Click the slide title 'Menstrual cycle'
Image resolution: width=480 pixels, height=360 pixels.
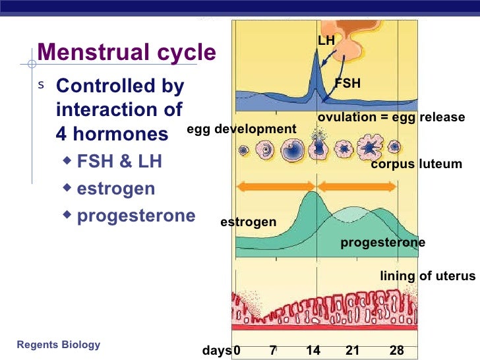127,52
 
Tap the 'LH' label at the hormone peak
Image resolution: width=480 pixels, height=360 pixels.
326,41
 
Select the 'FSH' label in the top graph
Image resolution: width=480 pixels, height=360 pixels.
347,84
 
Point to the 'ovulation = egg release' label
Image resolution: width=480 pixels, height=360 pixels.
391,117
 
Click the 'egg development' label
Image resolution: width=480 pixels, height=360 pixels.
241,129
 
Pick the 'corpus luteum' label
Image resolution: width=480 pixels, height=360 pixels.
416,164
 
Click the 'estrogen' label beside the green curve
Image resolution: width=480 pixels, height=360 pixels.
248,222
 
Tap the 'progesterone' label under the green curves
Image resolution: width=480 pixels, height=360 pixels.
382,243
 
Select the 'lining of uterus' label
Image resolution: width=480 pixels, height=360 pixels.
427,276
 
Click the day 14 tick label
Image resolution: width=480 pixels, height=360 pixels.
313,351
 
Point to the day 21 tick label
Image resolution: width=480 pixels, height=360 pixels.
353,351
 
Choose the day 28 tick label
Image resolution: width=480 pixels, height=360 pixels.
396,351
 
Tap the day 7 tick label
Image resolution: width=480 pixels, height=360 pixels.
273,351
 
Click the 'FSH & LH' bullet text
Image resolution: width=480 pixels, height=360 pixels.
119,162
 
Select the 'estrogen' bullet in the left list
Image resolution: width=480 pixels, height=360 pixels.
116,189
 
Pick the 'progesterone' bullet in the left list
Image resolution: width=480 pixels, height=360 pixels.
136,216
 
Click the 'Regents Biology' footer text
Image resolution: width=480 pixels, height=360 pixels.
59,344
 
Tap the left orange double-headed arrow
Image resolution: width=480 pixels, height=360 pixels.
276,187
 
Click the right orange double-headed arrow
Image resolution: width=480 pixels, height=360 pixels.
357,187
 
